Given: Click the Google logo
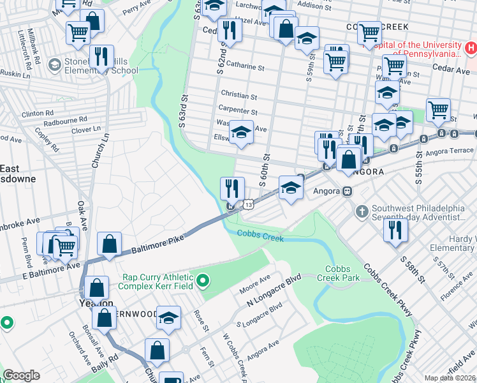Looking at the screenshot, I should click(x=22, y=375).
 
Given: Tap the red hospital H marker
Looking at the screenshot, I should click(x=471, y=48).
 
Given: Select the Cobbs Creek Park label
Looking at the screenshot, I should click(x=342, y=273).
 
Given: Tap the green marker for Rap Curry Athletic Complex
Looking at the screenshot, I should click(x=203, y=280).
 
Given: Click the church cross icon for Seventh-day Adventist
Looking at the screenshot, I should click(x=362, y=211).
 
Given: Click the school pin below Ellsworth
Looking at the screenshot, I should click(x=241, y=133).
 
